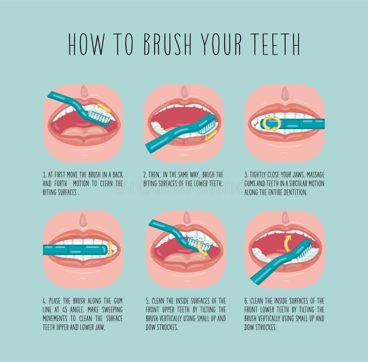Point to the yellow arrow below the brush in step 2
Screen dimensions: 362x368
(211, 136)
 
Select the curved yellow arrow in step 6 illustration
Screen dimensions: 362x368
(288, 242)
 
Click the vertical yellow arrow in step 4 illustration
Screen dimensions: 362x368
(110, 249)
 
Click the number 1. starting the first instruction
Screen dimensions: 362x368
(44, 175)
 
